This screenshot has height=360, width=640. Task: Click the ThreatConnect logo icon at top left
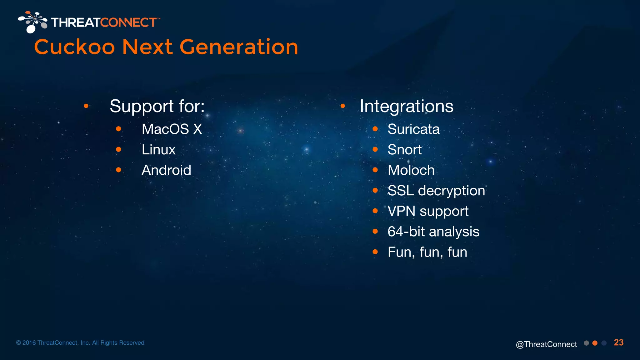32,22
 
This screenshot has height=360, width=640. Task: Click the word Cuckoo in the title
74,47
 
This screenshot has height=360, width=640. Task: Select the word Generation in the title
239,47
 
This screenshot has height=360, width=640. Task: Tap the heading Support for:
157,106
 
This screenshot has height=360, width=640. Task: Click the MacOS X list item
172,129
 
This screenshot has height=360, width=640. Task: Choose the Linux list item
158,150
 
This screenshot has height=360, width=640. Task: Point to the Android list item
166,170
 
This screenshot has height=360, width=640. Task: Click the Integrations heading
406,106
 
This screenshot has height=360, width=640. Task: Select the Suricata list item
413,129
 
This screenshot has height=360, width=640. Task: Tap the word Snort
404,150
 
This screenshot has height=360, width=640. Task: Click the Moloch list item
411,170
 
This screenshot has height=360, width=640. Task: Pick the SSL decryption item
436,191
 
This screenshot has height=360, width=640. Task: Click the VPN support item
428,211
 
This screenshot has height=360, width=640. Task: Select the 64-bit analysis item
433,232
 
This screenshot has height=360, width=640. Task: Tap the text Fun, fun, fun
427,252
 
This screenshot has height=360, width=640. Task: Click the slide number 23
618,342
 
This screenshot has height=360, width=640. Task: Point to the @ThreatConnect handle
546,344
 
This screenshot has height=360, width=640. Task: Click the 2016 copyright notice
80,343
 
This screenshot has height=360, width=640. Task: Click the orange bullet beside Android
118,170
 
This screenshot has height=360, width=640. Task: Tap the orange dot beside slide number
595,343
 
